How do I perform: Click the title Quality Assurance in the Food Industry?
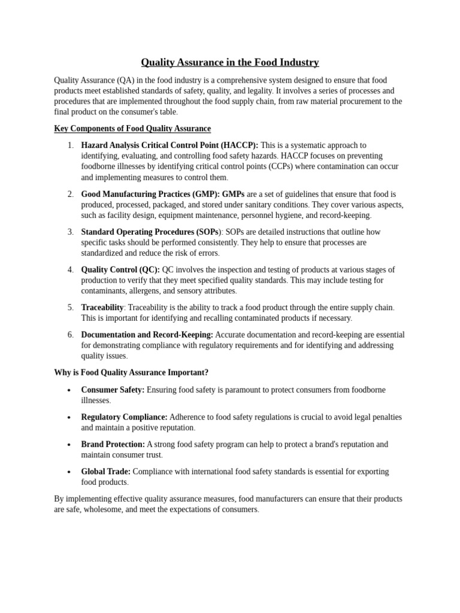click(230, 62)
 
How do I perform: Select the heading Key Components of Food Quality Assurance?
click(132, 129)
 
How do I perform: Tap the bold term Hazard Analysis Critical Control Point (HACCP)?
click(170, 145)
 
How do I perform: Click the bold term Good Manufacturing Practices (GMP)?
click(151, 194)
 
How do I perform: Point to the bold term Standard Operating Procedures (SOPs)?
click(150, 232)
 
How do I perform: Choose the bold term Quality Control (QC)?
click(120, 269)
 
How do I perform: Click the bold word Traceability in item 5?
click(102, 307)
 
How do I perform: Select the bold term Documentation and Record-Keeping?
click(147, 335)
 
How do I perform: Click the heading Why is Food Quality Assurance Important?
click(131, 372)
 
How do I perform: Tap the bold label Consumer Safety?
click(113, 390)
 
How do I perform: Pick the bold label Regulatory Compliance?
click(124, 417)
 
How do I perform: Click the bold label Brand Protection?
click(113, 444)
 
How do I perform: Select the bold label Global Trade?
click(105, 472)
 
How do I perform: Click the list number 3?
click(70, 232)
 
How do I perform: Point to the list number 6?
click(70, 335)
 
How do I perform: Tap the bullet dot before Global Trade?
click(69, 472)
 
